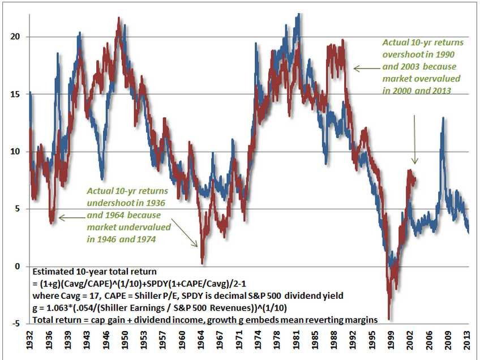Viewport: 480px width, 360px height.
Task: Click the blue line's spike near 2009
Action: tap(443, 119)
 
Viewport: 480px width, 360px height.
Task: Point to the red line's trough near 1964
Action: tap(202, 263)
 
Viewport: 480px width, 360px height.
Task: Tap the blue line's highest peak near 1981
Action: tap(298, 15)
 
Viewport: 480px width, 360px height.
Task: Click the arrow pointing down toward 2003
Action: tap(415, 139)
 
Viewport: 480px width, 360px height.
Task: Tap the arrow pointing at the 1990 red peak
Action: tap(365, 69)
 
